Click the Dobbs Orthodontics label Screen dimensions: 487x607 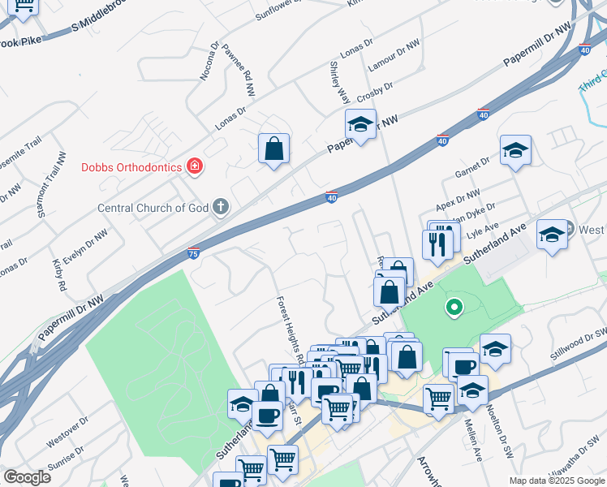(x=130, y=168)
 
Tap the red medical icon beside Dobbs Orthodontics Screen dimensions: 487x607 (x=194, y=168)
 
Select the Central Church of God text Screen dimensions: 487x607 (x=153, y=208)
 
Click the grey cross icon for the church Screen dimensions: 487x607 (x=219, y=208)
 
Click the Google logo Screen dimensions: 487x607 (x=27, y=477)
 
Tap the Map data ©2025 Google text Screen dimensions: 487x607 (x=557, y=481)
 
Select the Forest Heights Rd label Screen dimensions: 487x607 (x=290, y=330)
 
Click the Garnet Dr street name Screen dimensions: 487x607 (x=473, y=166)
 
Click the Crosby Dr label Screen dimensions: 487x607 (x=375, y=92)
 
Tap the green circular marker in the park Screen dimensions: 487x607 (x=454, y=308)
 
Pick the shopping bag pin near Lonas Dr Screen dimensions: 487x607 (x=274, y=149)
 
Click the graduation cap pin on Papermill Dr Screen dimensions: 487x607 (x=360, y=124)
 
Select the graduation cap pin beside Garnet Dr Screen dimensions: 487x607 (x=515, y=150)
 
